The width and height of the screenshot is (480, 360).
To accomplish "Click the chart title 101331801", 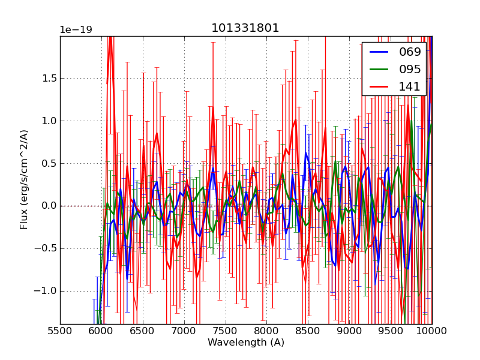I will pos(245,28).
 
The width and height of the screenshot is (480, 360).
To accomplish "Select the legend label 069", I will pos(410,52).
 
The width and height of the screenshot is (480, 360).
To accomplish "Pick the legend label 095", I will pos(410,69).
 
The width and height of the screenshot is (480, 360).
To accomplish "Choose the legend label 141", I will pos(410,86).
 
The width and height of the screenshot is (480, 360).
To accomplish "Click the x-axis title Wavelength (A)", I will pos(246,343).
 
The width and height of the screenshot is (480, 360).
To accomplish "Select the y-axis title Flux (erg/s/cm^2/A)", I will pos(25,179).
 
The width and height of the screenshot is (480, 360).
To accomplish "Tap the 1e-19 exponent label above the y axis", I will pos(76,30).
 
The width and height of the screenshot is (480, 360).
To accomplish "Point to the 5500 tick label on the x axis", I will pos(60,331).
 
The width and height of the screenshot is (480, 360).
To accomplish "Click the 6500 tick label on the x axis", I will pos(143,331).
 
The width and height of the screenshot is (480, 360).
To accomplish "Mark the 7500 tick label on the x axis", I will pos(226,331).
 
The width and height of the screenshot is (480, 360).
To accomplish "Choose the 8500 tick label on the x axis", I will pos(308,331).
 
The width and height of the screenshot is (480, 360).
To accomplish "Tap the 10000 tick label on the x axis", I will pos(432,331).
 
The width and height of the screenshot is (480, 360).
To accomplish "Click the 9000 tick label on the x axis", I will pos(349,331).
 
